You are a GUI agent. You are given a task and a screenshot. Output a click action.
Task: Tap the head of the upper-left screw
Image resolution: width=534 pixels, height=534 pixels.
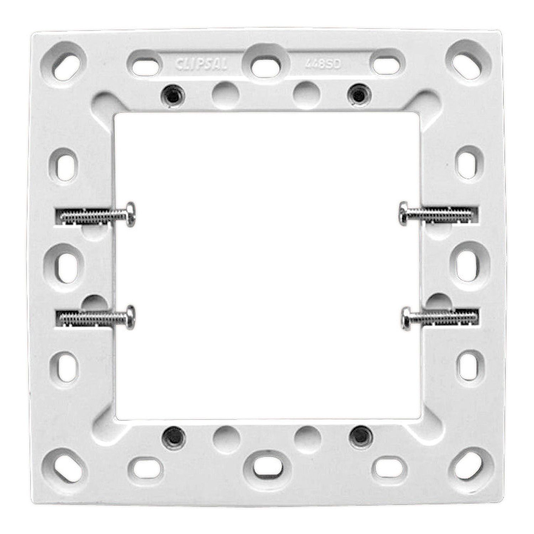point(131,214)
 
